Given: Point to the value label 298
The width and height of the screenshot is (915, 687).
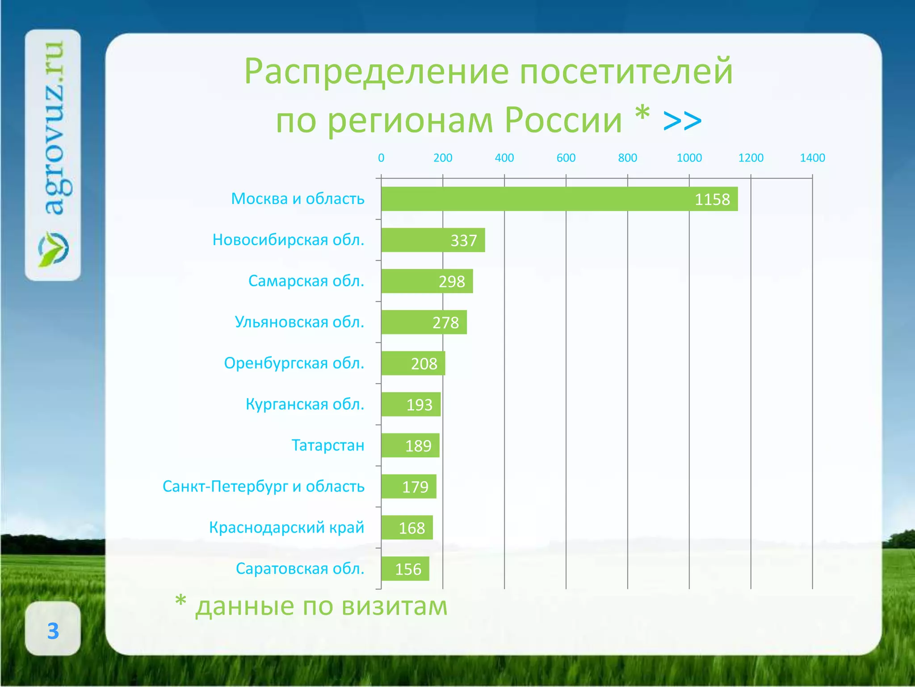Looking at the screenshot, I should tap(452, 282).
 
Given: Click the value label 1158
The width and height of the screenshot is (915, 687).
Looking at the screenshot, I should tap(712, 199).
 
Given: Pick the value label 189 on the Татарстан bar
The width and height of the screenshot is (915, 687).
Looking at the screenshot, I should tap(418, 446).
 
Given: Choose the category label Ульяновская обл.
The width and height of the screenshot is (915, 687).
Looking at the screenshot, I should tap(299, 322).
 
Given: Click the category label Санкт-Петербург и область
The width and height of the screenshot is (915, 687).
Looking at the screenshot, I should tap(263, 486).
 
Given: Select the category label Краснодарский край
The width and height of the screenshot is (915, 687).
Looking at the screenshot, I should tap(286, 527).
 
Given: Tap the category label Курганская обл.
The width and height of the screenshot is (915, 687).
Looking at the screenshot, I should tap(305, 404).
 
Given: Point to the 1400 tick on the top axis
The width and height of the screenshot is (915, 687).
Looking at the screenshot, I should tap(812, 158).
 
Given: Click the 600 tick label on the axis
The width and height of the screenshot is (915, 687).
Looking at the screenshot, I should tap(566, 158).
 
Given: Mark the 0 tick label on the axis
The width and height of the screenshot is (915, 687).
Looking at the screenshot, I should tap(381, 158).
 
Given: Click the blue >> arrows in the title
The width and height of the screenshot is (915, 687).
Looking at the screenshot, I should tap(682, 121).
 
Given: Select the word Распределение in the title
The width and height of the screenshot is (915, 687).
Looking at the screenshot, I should tap(376, 72).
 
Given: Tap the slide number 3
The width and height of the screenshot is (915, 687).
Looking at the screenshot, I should tap(53, 631).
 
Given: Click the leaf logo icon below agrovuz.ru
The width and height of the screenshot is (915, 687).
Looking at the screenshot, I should tap(53, 249).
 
